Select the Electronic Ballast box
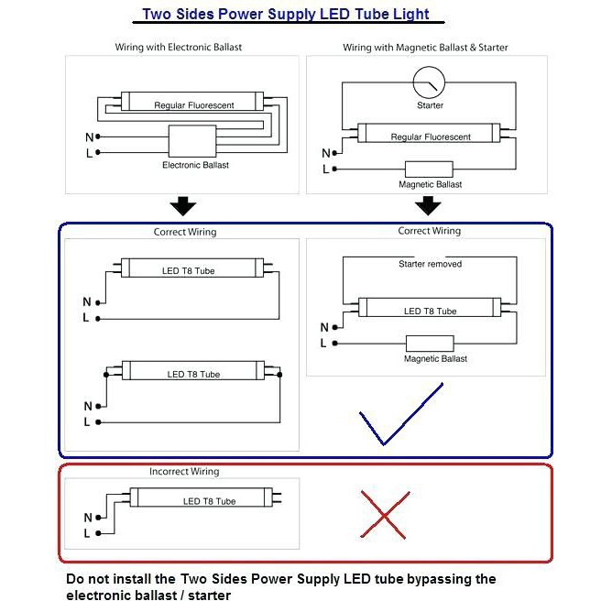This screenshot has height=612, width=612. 195,142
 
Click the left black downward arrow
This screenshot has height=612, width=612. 184,204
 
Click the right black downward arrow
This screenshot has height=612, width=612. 428,204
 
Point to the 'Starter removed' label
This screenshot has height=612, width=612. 430,264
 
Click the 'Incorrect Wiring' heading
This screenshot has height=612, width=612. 184,472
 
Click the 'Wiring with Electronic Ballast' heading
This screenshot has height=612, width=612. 179,47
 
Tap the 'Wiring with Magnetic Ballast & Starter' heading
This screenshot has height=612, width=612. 425,47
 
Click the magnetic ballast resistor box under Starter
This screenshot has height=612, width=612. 430,169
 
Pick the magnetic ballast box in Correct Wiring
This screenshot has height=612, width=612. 430,343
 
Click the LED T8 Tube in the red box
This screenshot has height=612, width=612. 209,500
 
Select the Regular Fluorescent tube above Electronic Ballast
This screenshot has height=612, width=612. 193,104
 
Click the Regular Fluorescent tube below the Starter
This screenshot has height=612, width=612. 430,137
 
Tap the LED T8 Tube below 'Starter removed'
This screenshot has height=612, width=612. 430,311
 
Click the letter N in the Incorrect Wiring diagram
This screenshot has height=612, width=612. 87,516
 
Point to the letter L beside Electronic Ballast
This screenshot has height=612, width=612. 89,153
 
